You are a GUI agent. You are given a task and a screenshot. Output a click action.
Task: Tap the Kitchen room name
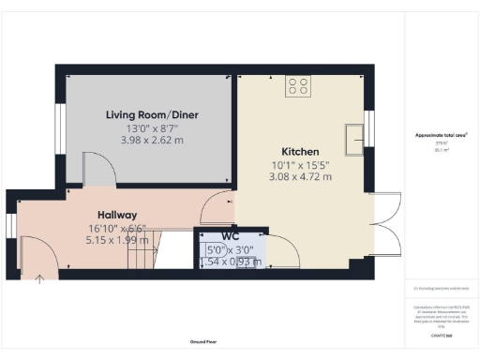pos(301,151)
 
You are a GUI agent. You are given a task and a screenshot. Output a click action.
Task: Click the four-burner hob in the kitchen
pos(300,86)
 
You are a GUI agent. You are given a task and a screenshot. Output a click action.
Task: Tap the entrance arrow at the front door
pos(39,277)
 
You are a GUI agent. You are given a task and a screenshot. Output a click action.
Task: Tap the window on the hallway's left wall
pos(11,228)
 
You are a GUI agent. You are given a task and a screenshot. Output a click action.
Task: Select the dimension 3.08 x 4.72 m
pos(301,176)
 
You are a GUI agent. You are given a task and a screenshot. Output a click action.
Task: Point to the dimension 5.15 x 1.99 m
pos(117,239)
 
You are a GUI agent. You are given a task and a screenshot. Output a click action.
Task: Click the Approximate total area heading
pos(442,135)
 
